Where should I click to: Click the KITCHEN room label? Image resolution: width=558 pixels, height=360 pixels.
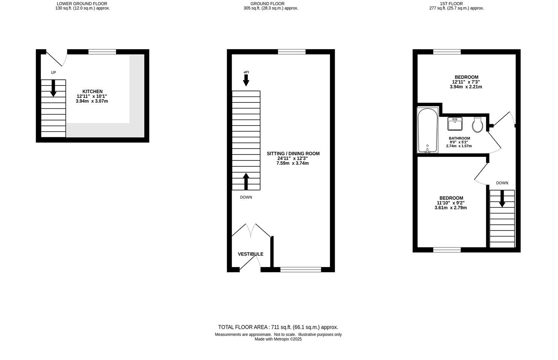pyautogui.click(x=92, y=91)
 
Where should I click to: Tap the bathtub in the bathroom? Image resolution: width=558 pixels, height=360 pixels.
pyautogui.click(x=428, y=130)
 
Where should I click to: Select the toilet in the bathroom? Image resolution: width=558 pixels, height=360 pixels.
pyautogui.click(x=477, y=124)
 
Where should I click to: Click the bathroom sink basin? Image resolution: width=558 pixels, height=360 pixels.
pyautogui.click(x=455, y=123)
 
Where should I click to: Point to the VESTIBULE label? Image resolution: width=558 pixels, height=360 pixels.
pyautogui.click(x=250, y=254)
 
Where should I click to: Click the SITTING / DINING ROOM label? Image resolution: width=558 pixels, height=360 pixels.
pyautogui.click(x=293, y=153)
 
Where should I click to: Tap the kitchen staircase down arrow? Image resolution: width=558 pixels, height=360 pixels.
pyautogui.click(x=53, y=88)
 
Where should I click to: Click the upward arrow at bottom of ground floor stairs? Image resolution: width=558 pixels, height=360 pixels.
pyautogui.click(x=246, y=181)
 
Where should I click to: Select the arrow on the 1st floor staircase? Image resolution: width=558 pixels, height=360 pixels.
pyautogui.click(x=502, y=198)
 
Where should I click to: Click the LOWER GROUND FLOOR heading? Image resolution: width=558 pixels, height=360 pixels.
pyautogui.click(x=82, y=4)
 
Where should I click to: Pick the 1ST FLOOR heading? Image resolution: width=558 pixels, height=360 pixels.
pyautogui.click(x=456, y=4)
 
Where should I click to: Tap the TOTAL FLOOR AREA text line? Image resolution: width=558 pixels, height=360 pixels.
pyautogui.click(x=278, y=327)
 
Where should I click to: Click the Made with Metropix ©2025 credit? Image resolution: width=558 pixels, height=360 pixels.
pyautogui.click(x=278, y=339)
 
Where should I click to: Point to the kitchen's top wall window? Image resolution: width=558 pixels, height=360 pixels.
pyautogui.click(x=102, y=52)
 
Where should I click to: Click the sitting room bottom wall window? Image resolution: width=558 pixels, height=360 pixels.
pyautogui.click(x=300, y=269)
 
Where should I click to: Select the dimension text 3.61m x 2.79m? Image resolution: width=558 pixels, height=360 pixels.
pyautogui.click(x=451, y=208)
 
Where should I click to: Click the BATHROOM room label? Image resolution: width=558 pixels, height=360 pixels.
pyautogui.click(x=459, y=138)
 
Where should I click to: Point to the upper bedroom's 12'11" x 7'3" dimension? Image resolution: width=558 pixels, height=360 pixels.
pyautogui.click(x=466, y=82)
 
